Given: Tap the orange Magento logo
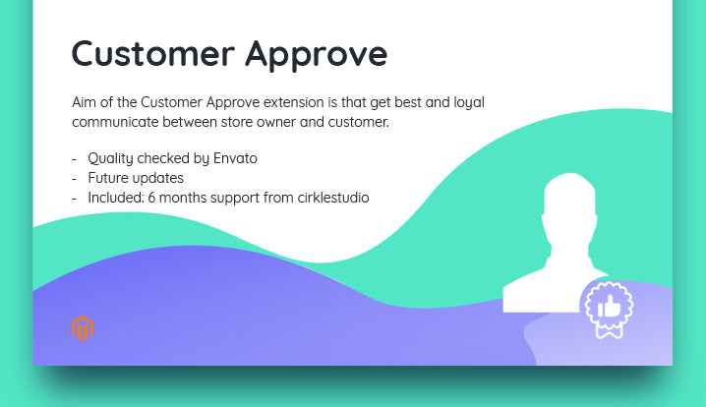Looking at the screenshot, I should [83, 327].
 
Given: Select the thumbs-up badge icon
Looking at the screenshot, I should [609, 307].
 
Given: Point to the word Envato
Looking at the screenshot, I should [235, 158].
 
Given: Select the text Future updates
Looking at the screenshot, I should [136, 178].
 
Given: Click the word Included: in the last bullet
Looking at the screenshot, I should [116, 198].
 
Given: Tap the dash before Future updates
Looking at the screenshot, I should [75, 178].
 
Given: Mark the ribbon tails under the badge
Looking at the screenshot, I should [609, 331].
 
